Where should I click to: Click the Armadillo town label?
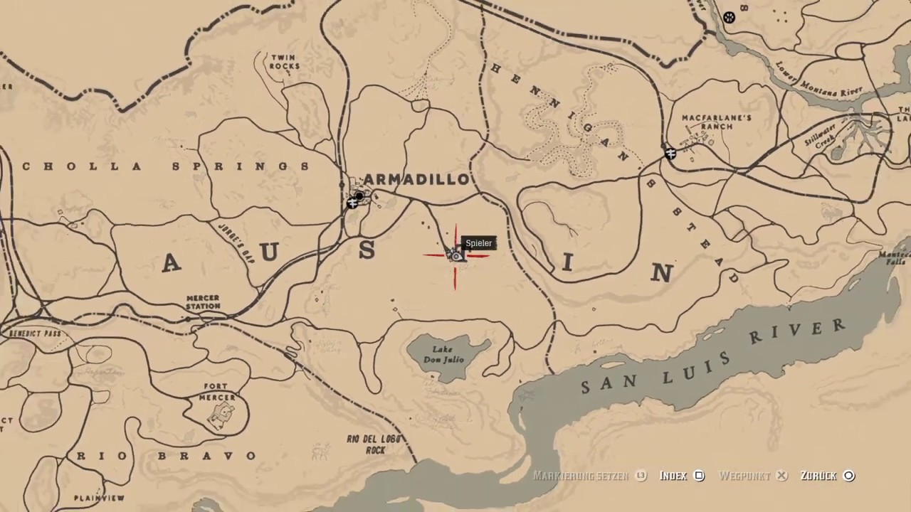pos(416,179)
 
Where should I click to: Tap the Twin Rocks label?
pos(284,62)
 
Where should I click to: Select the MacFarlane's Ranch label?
pos(707,122)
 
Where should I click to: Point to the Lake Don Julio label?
pos(443,355)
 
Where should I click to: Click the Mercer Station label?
pos(203,302)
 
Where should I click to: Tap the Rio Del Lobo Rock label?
pos(374,444)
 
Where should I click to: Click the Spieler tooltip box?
pos(478,243)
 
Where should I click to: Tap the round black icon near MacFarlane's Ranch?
pos(670,153)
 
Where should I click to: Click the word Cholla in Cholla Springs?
pos(64,167)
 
